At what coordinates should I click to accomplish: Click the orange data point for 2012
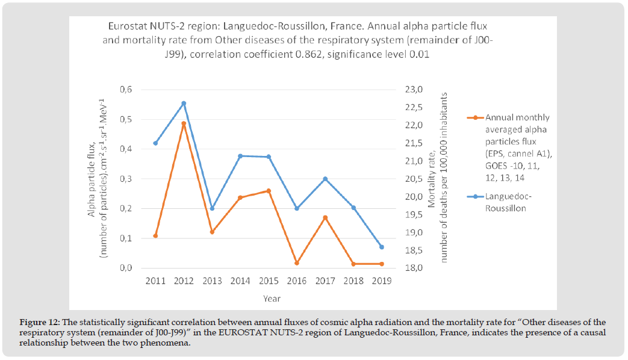(184, 124)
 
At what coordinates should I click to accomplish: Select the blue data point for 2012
(184, 104)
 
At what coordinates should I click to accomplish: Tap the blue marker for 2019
(382, 247)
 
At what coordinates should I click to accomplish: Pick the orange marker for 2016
(297, 263)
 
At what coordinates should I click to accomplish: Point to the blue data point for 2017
(325, 179)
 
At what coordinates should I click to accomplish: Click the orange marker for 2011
(155, 236)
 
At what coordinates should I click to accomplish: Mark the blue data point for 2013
(212, 208)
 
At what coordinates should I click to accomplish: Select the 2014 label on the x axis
(240, 281)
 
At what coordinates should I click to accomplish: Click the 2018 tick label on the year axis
(353, 281)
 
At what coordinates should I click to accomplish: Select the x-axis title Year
(270, 299)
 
